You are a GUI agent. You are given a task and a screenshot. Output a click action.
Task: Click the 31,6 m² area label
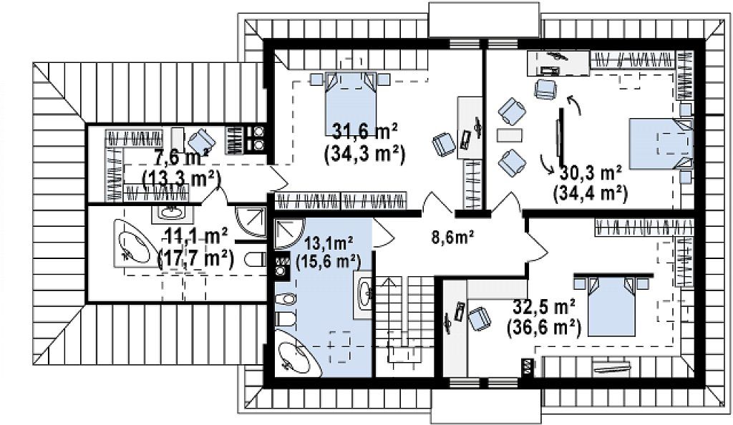coord(364,132)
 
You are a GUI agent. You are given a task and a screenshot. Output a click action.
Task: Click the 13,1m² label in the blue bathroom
coord(328,243)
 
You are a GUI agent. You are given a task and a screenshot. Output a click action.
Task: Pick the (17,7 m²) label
coord(196,258)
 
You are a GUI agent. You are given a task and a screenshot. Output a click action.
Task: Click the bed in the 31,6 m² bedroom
coord(351,104)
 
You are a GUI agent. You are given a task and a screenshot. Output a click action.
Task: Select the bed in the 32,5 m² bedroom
coord(611,306)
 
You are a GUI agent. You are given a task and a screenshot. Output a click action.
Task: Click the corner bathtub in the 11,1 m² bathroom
coord(133,243)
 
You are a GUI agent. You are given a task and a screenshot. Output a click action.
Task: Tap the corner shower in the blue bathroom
coord(288,233)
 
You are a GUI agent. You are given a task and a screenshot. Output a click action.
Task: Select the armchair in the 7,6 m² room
coord(202,140)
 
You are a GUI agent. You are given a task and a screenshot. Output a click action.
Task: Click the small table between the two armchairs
coord(509,135)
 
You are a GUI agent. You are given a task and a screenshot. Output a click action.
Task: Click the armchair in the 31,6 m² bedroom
coord(444,144)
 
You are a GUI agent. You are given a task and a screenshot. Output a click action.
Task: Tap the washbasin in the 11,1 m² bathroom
coord(170,212)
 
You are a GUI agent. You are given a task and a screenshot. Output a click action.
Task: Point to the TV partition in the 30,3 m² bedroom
coord(560,133)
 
